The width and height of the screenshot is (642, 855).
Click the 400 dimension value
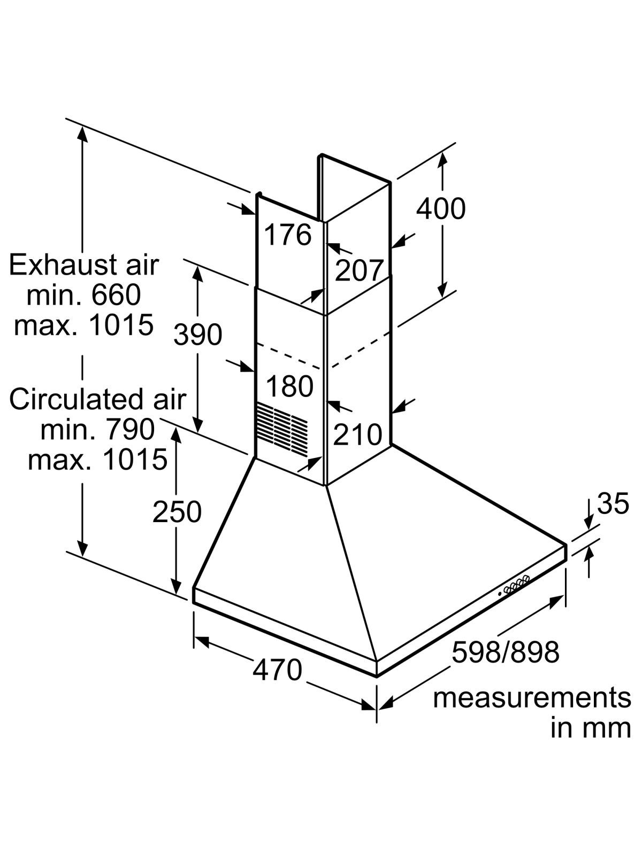(x=441, y=209)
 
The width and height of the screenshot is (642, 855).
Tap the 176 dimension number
(x=288, y=235)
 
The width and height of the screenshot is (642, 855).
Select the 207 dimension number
(x=358, y=270)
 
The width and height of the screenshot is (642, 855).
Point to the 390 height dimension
(x=197, y=334)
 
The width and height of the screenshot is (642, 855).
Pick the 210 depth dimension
(x=357, y=434)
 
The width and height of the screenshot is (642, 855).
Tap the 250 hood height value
(x=177, y=511)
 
